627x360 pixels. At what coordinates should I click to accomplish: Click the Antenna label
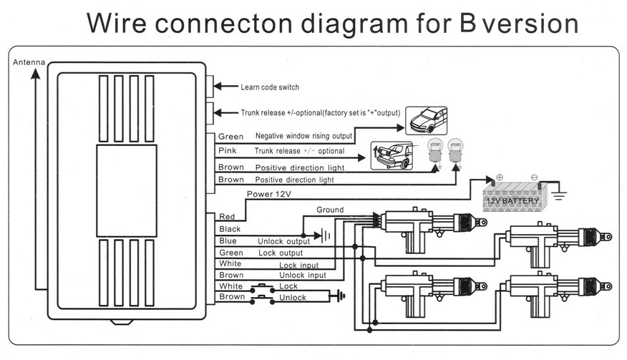[x=29, y=62]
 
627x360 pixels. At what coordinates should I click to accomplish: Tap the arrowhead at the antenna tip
[x=36, y=74]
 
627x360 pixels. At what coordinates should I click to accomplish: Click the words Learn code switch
[x=270, y=87]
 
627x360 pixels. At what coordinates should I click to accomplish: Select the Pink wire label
[x=227, y=151]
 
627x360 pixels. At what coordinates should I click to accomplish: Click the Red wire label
[x=227, y=217]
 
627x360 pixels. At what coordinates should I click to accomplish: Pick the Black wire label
[x=230, y=229]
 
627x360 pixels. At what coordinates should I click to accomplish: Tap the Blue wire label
[x=228, y=241]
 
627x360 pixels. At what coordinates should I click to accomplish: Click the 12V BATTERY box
[x=514, y=198]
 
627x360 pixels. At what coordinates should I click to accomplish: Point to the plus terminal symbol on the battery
[x=500, y=177]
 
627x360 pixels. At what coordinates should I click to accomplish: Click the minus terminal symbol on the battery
[x=534, y=177]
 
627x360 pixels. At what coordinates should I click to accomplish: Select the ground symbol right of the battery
[x=558, y=195]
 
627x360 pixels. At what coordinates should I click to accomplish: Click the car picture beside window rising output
[x=427, y=120]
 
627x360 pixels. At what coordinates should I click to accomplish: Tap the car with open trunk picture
[x=392, y=155]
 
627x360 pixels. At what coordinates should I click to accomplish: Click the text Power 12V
[x=268, y=195]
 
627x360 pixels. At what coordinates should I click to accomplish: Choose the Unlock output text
[x=283, y=241]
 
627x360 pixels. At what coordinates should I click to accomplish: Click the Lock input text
[x=298, y=266]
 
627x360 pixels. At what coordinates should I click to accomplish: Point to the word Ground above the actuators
[x=330, y=210]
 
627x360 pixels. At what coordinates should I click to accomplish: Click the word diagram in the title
[x=354, y=24]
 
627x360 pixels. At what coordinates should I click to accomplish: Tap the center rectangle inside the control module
[x=127, y=191]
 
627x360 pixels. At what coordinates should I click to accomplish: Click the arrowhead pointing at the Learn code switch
[x=218, y=86]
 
